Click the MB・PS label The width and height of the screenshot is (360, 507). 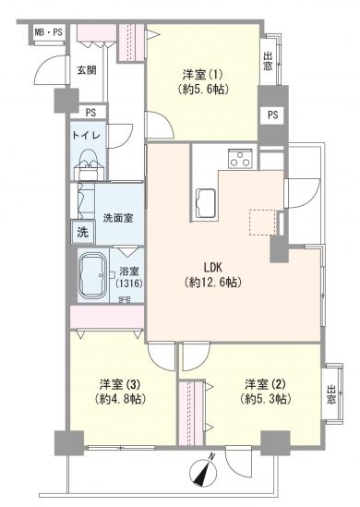pyautogui.click(x=49, y=32)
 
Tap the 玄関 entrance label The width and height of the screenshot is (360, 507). pyautogui.click(x=87, y=70)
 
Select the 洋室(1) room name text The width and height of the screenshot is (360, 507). pyautogui.click(x=202, y=76)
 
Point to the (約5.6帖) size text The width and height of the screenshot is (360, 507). pyautogui.click(x=203, y=89)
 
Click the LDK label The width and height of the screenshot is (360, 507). pyautogui.click(x=212, y=268)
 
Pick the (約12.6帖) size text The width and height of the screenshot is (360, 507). pyautogui.click(x=212, y=283)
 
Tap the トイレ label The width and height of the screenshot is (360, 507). pyautogui.click(x=88, y=135)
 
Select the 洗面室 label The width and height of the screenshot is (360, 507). pyautogui.click(x=118, y=218)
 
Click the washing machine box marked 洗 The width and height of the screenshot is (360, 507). pyautogui.click(x=83, y=232)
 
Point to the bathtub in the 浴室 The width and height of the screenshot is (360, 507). pyautogui.click(x=92, y=275)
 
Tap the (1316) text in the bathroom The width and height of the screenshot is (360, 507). pyautogui.click(x=129, y=284)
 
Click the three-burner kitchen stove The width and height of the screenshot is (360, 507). pyautogui.click(x=240, y=159)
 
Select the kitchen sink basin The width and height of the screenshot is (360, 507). pyautogui.click(x=205, y=203)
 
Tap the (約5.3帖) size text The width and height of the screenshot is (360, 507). pyautogui.click(x=264, y=399)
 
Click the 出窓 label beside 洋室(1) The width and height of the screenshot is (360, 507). pyautogui.click(x=268, y=62)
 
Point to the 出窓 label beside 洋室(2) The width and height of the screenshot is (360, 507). pyautogui.click(x=330, y=394)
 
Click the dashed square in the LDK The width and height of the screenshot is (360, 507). pyautogui.click(x=262, y=223)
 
